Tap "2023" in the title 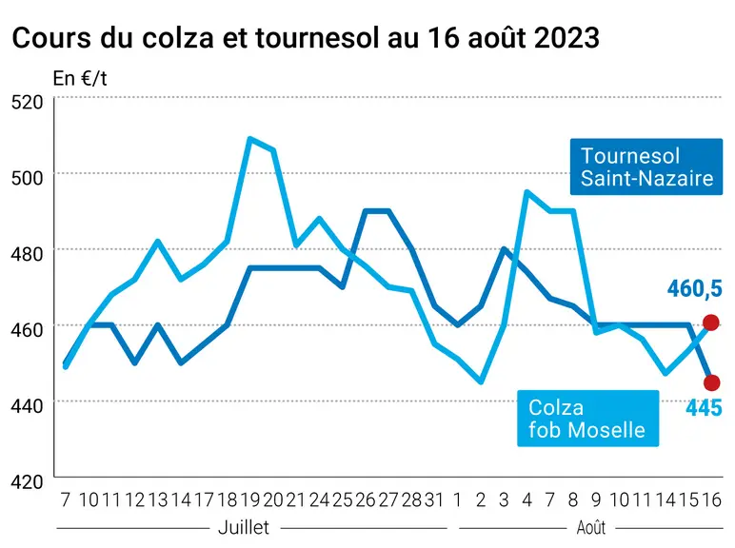tap(566, 37)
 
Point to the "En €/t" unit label tap(80, 78)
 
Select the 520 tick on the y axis tap(27, 102)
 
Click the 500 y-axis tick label tap(27, 178)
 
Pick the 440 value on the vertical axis tap(27, 405)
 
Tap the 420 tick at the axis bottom tap(27, 481)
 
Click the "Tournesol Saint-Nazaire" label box tap(646, 166)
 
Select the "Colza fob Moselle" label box tap(587, 419)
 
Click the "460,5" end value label tap(695, 288)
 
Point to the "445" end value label tap(704, 408)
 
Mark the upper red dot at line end tap(711, 323)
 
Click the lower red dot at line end tap(711, 382)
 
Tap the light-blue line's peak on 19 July tap(249, 139)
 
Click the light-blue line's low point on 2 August tap(481, 382)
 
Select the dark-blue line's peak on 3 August tap(504, 248)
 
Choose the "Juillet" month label tap(244, 528)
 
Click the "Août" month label tap(591, 528)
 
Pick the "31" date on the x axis tap(434, 500)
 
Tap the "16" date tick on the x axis tap(711, 500)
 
